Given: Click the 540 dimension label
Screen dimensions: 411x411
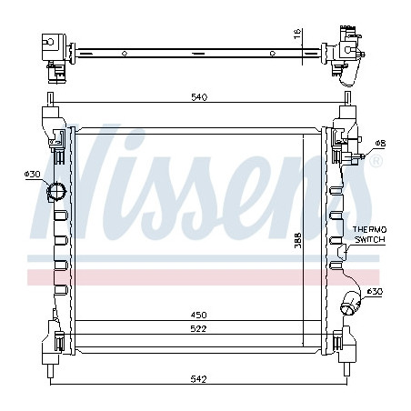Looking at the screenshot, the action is pyautogui.click(x=199, y=97).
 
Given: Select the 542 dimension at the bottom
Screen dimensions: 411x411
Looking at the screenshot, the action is pyautogui.click(x=198, y=378).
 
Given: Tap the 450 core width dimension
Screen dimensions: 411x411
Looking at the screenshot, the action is pyautogui.click(x=199, y=315).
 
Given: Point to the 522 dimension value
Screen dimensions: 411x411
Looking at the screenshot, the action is pyautogui.click(x=198, y=328).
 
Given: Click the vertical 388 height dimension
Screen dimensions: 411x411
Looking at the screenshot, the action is pyautogui.click(x=298, y=240).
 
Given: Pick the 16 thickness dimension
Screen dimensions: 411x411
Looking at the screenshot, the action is pyautogui.click(x=297, y=33).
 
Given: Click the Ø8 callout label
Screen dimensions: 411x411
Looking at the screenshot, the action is pyautogui.click(x=380, y=143).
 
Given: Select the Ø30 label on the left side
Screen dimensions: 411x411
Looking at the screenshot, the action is pyautogui.click(x=33, y=174).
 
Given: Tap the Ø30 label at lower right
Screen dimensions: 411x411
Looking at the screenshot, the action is pyautogui.click(x=375, y=291).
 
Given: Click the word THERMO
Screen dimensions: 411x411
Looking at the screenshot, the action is pyautogui.click(x=369, y=229).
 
